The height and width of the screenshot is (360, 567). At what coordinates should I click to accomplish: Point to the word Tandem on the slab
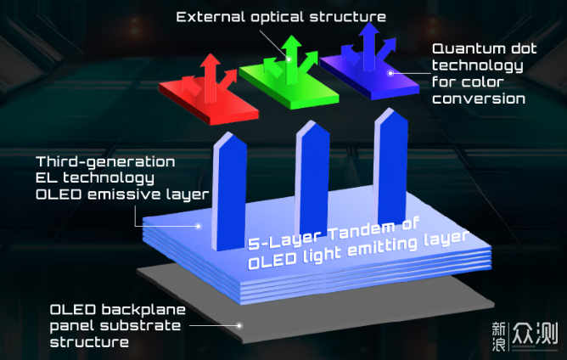(x=347, y=231)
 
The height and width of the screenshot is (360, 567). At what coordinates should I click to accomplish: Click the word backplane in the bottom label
(x=141, y=308)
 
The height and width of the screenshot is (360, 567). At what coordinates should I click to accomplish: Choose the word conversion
(x=479, y=98)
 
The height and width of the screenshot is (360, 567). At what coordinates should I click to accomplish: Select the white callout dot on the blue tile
(x=390, y=73)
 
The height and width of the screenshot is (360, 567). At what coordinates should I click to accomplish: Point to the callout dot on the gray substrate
(x=240, y=324)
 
